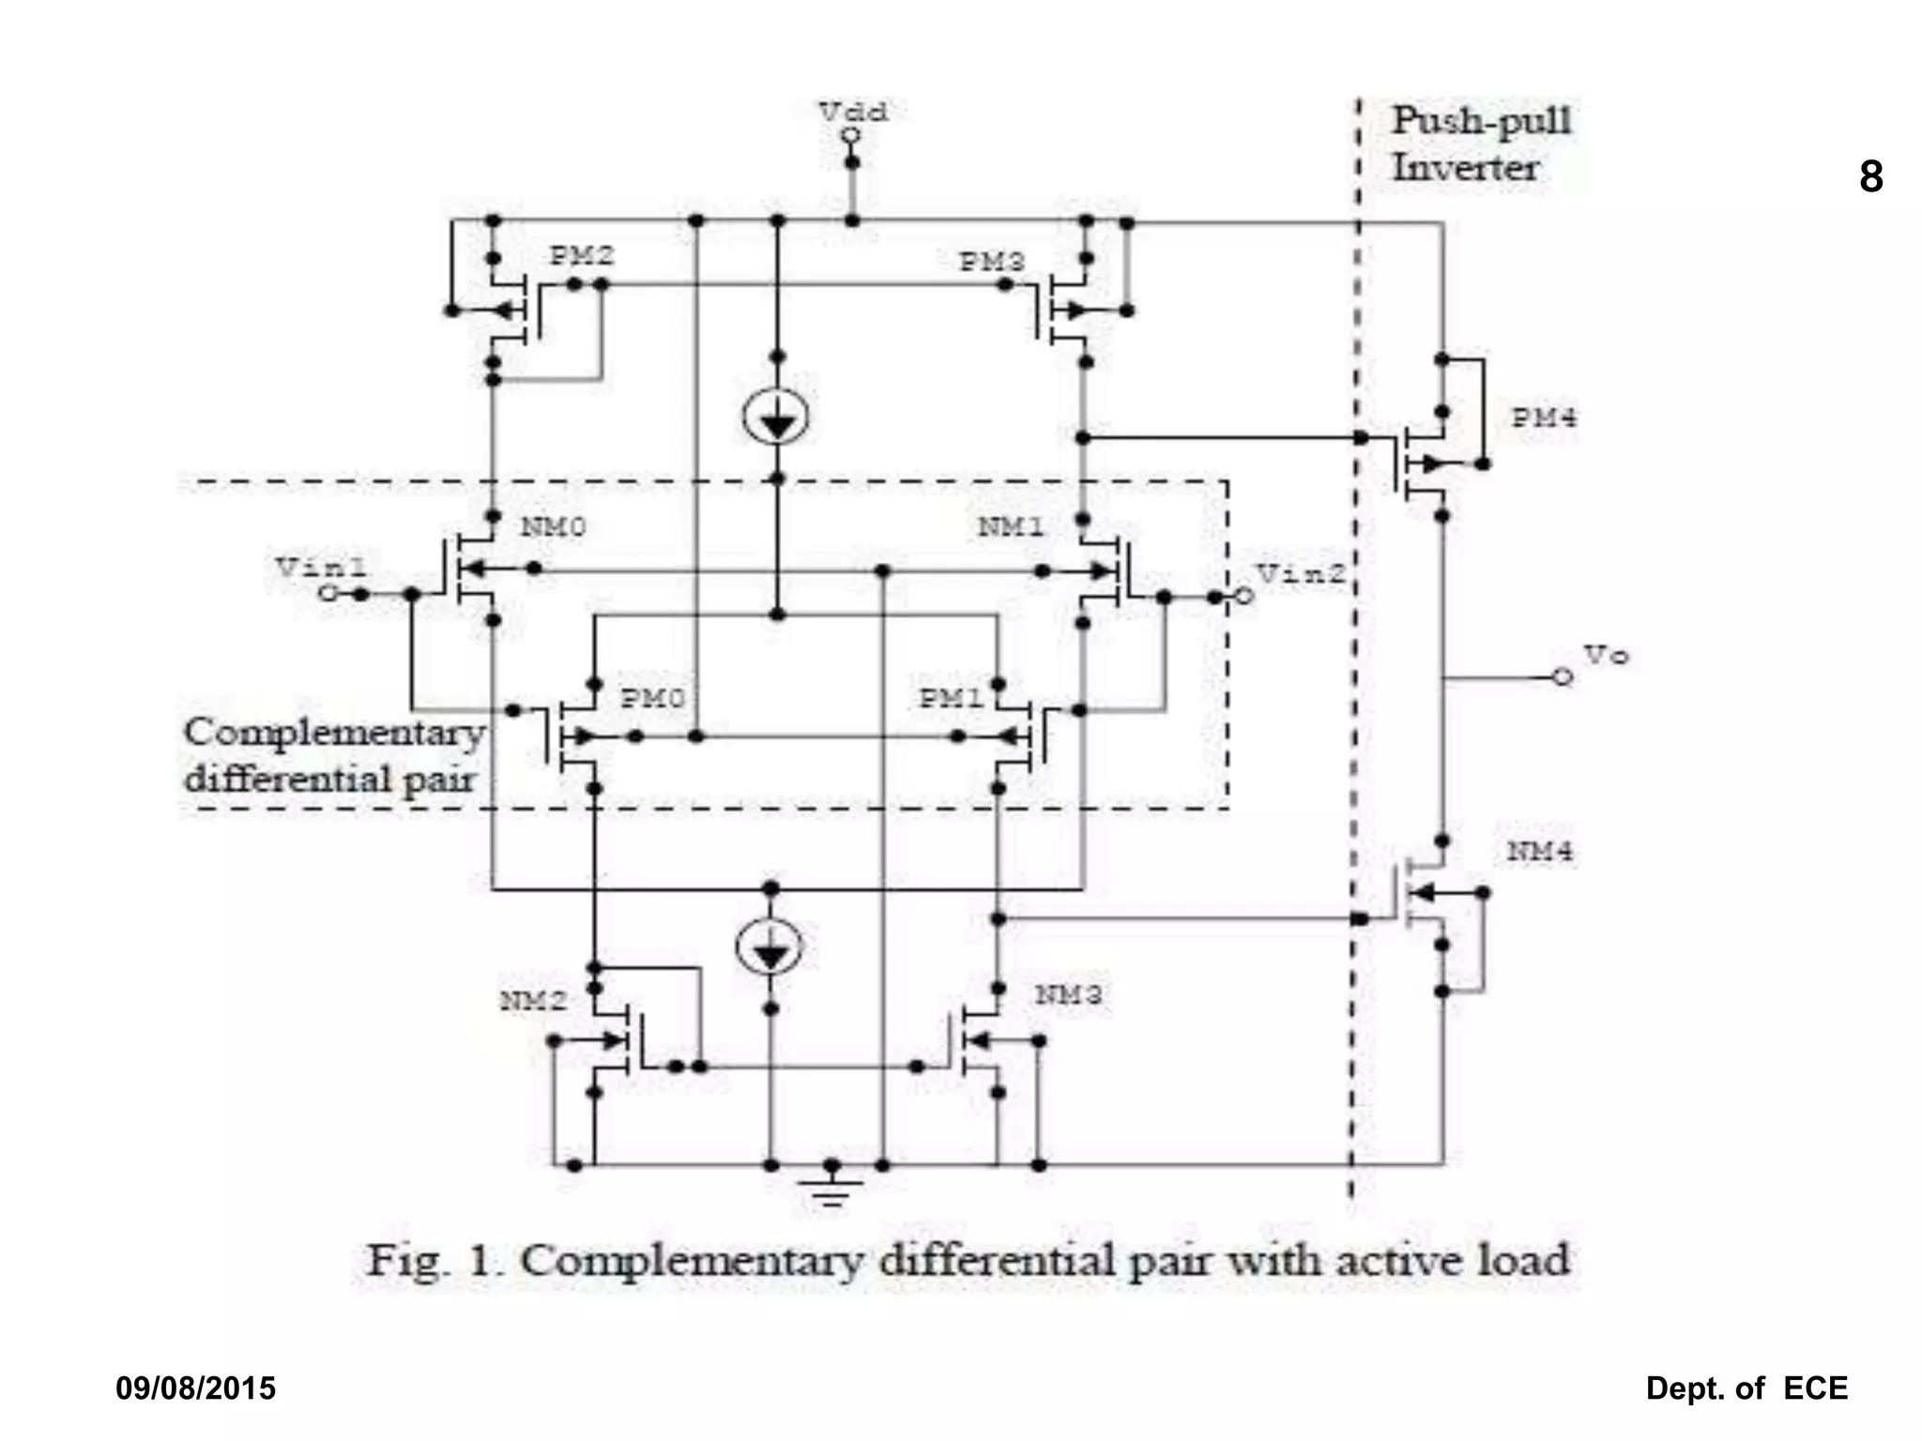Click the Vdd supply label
(852, 112)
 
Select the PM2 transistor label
(582, 255)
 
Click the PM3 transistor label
(991, 262)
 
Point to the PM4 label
(1544, 417)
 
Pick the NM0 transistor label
(553, 526)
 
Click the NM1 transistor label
(1011, 526)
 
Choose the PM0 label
(652, 698)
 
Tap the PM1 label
(950, 698)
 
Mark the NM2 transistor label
(533, 1001)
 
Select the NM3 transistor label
(1068, 994)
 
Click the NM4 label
(1540, 851)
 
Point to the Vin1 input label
(322, 567)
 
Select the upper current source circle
(776, 417)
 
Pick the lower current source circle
(770, 947)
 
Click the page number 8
(1870, 176)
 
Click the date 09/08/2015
(195, 1388)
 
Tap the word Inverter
(1465, 168)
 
